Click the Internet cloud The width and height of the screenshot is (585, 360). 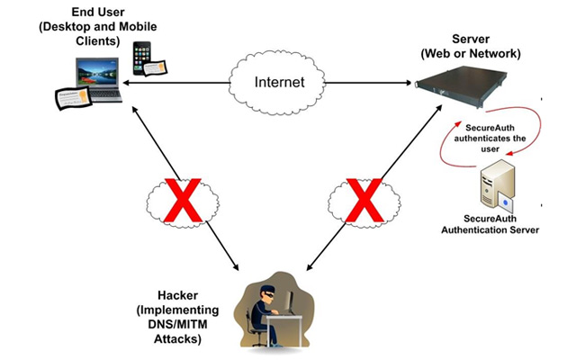[278, 82]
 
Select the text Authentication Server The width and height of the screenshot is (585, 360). [490, 229]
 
